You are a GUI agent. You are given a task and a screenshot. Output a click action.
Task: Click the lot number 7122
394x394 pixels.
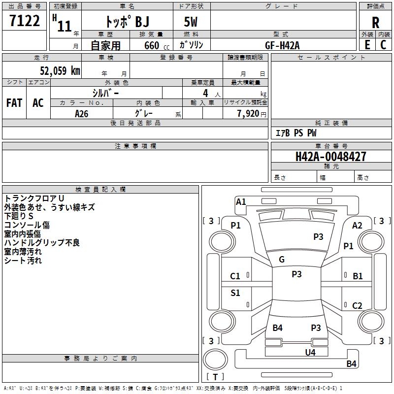pos(25,22)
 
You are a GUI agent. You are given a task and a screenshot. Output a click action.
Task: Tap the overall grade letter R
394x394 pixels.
pos(375,23)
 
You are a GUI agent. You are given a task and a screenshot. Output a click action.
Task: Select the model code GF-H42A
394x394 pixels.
pos(282,45)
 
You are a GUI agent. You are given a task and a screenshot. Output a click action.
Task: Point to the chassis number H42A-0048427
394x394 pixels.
pos(331,157)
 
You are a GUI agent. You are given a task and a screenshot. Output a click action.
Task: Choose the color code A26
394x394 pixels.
pos(82,113)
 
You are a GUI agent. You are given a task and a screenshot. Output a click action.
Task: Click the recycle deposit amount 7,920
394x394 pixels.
pos(248,113)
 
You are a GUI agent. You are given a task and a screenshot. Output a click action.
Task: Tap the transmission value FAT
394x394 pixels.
pos(14,103)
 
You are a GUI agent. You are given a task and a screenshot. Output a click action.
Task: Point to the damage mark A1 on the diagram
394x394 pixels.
pos(241,201)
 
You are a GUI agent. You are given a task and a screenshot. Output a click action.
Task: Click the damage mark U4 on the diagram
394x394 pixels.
pos(310,352)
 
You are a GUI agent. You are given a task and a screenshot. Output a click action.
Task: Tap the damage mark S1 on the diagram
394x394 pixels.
pos(235,293)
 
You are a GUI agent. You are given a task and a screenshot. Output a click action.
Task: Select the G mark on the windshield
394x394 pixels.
pos(282,260)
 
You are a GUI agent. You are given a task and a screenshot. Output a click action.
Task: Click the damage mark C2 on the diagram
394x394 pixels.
pos(357,306)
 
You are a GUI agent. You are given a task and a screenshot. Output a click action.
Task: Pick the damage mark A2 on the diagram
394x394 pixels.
pos(357,225)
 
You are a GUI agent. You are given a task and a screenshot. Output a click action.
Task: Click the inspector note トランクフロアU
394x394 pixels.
pos(34,198)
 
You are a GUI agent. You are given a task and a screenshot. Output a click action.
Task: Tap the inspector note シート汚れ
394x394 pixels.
pos(23,261)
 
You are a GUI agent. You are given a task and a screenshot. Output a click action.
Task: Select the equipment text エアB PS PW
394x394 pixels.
pos(295,133)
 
